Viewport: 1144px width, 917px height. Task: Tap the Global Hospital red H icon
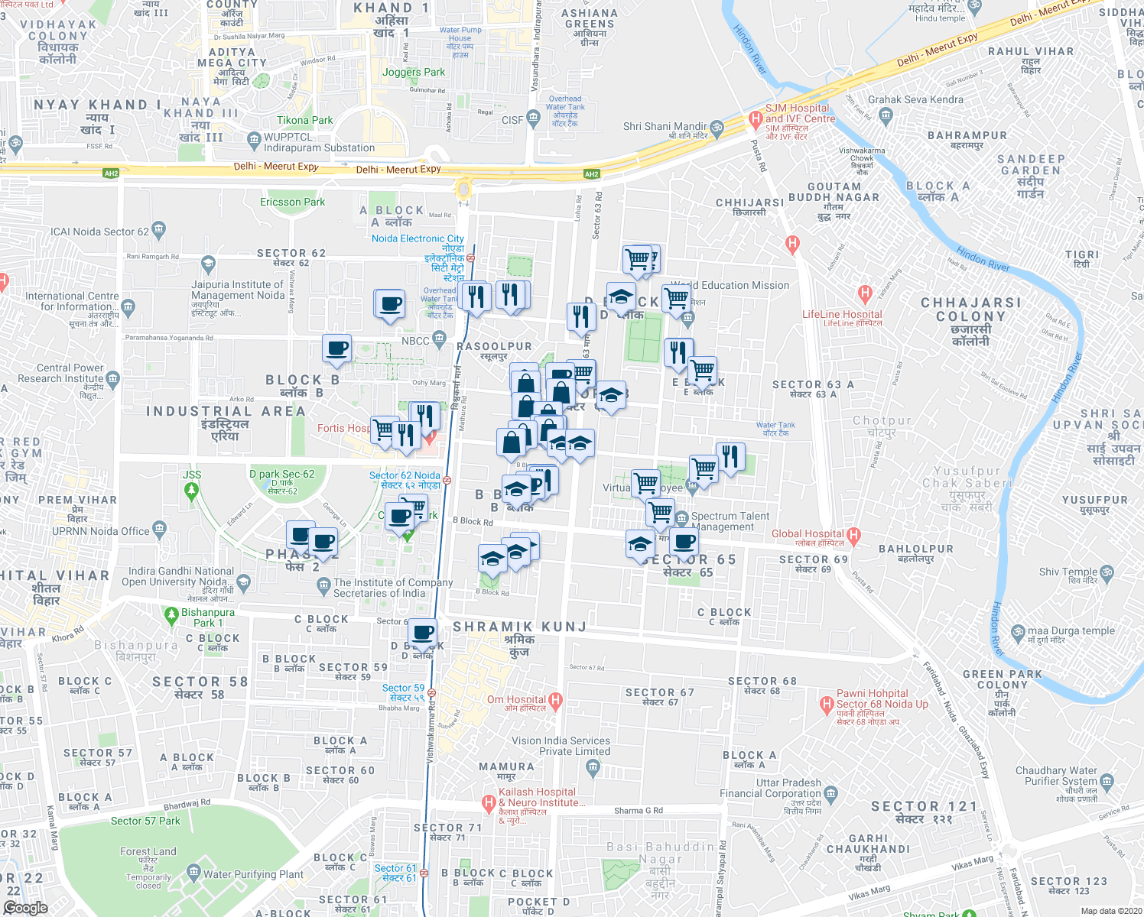pyautogui.click(x=854, y=535)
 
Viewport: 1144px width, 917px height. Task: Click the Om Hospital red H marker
pyautogui.click(x=555, y=700)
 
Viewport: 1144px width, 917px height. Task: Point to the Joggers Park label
pyautogui.click(x=414, y=72)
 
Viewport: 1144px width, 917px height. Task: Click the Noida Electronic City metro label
pyautogui.click(x=418, y=238)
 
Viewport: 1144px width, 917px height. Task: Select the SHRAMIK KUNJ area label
pyautogui.click(x=520, y=627)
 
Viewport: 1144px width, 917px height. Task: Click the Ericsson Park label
pyautogui.click(x=292, y=202)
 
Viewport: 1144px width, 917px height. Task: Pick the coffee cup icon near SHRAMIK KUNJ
pyautogui.click(x=422, y=633)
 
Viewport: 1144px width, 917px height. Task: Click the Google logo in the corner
pyautogui.click(x=25, y=908)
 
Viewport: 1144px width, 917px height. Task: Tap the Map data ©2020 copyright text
pyautogui.click(x=1109, y=911)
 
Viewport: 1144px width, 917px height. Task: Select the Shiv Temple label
pyautogui.click(x=1068, y=572)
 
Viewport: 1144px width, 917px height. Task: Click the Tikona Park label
pyautogui.click(x=304, y=120)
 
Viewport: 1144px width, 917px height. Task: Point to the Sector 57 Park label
pyautogui.click(x=145, y=821)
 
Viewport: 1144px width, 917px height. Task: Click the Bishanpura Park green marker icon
pyautogui.click(x=171, y=614)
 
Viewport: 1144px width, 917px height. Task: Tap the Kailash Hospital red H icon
pyautogui.click(x=489, y=803)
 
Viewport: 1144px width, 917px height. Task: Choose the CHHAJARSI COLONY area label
pyautogui.click(x=970, y=309)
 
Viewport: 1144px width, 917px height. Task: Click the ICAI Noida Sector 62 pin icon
pyautogui.click(x=158, y=228)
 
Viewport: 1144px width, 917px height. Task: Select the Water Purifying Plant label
pyautogui.click(x=253, y=874)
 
